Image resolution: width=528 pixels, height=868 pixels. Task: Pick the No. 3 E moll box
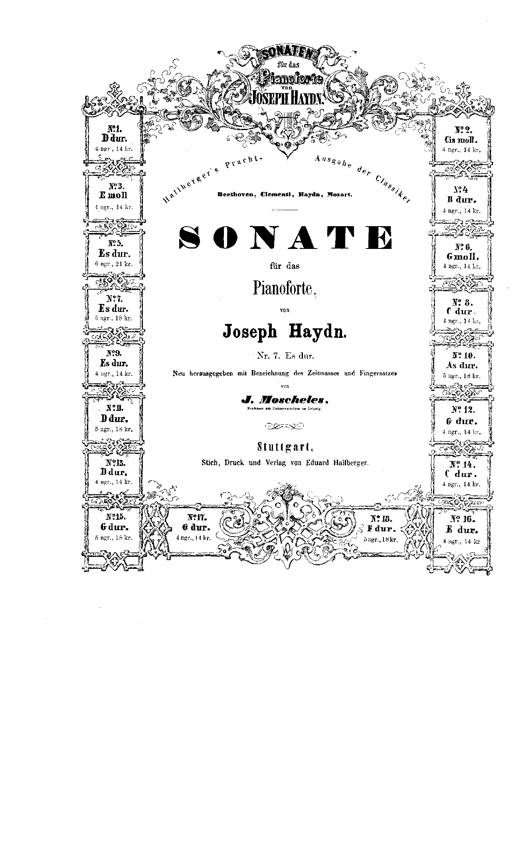coord(114,196)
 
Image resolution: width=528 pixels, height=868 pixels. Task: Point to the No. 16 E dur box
coord(462,530)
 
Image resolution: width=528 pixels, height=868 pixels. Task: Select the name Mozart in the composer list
coord(339,195)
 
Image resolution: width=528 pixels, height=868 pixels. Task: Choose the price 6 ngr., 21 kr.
coord(114,264)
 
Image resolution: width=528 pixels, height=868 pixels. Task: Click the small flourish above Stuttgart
coord(284,428)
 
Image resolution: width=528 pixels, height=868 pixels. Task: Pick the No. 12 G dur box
coord(462,420)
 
